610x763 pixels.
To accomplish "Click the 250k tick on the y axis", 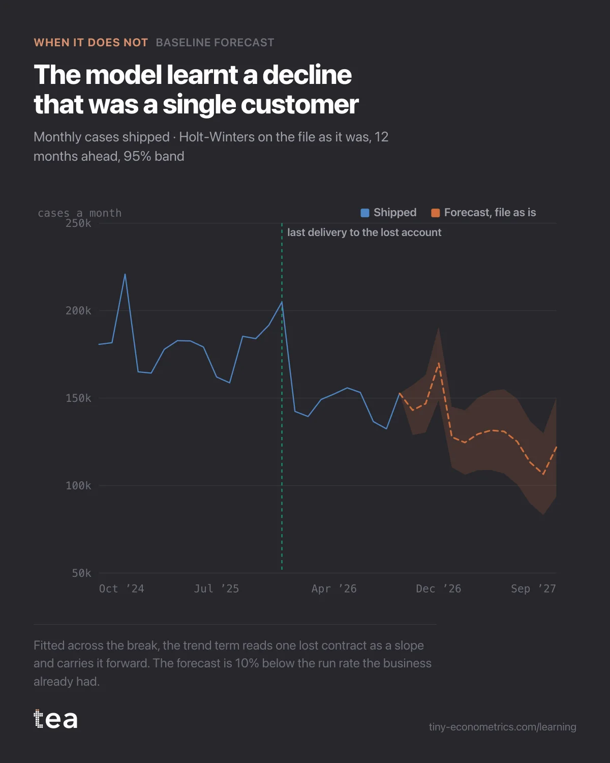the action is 78,223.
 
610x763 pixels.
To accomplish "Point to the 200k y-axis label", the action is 78,311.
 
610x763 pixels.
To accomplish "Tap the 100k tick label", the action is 78,486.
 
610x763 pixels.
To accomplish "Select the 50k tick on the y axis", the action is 81,573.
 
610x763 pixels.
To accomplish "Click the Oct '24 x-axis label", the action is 121,589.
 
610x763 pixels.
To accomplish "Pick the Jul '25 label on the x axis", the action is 217,589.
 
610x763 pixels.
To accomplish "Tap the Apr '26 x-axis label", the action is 334,589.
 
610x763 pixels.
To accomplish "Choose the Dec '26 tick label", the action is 439,589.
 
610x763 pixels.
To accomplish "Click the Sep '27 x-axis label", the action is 533,589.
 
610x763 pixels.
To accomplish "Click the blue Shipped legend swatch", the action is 364,213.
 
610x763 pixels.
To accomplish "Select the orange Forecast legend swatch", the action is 435,213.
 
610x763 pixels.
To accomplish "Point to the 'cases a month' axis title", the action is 80,213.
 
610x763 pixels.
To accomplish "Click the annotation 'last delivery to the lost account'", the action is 364,232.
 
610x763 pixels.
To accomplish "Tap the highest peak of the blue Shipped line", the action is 125,274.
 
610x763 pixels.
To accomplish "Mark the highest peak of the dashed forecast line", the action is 439,363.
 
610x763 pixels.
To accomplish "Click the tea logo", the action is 55,719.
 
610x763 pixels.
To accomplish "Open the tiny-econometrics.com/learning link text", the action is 503,727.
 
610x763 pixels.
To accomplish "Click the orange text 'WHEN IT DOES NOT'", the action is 91,43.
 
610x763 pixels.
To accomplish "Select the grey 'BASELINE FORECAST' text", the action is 215,43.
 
